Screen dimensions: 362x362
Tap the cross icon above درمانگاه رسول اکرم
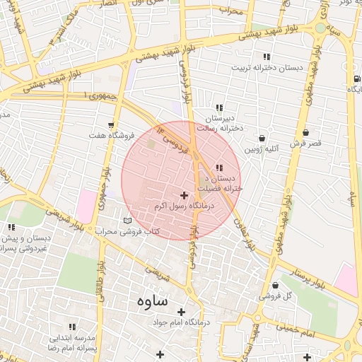pos(185,194)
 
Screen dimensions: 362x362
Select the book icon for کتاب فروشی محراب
pos(127,221)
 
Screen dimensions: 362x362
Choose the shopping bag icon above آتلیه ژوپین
pos(262,139)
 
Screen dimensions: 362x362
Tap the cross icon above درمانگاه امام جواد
pos(182,312)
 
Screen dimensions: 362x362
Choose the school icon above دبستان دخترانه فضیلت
pos(218,168)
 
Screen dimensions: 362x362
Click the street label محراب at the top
pos(230,11)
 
